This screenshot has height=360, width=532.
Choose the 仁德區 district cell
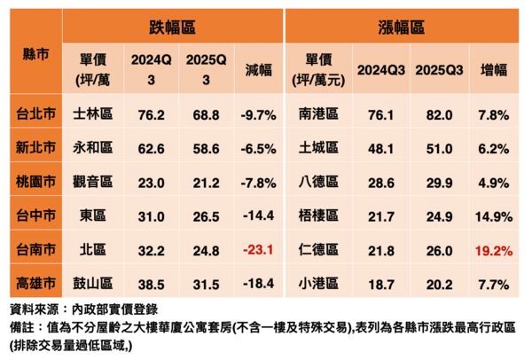[x=317, y=251]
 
